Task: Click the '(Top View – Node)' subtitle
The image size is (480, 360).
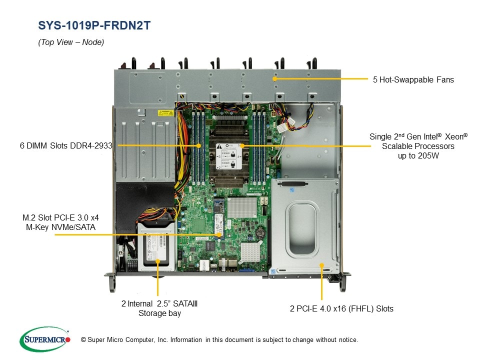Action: pos(71,42)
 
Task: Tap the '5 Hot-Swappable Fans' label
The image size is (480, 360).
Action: pos(413,79)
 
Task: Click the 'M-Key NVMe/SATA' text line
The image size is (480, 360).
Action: pos(59,227)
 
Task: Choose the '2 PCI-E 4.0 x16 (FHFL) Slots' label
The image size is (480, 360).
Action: pos(341,308)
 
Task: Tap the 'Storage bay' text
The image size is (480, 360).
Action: pos(159,313)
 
